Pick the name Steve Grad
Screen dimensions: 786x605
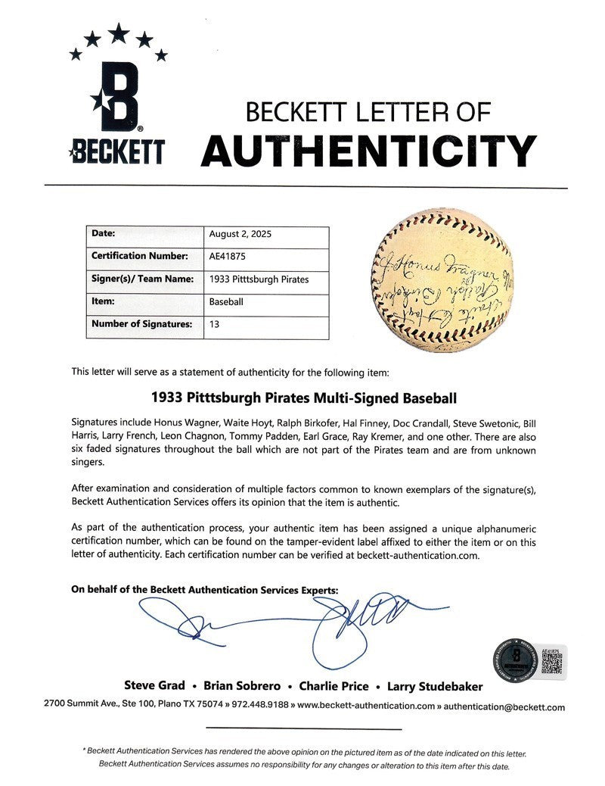point(160,686)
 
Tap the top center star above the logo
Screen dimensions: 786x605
point(118,32)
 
